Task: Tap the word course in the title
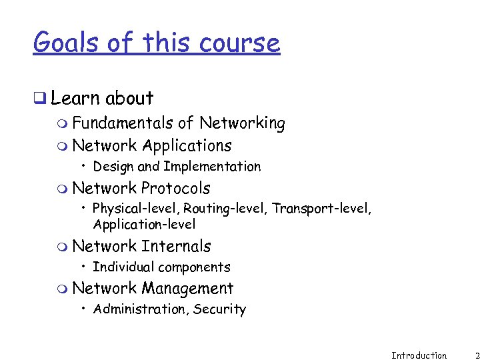click(239, 43)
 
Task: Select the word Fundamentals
click(123, 123)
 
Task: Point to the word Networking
click(242, 123)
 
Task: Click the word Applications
click(187, 146)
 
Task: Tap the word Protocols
click(175, 189)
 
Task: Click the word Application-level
click(144, 225)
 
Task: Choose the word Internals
click(176, 247)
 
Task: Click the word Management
click(187, 289)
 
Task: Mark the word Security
click(221, 309)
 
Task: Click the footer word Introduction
click(419, 355)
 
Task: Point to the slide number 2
click(477, 355)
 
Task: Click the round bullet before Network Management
click(62, 289)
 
